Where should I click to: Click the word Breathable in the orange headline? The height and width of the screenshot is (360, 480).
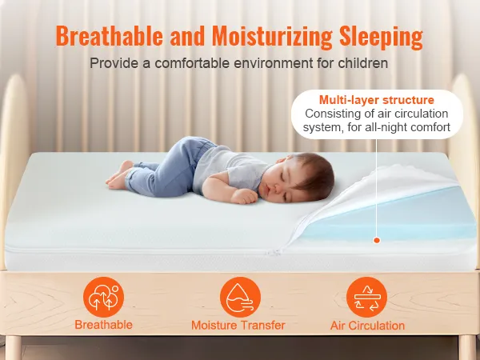click(x=110, y=36)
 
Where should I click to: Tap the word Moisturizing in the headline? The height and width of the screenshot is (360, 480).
click(x=272, y=37)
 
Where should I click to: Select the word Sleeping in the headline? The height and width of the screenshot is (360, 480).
click(x=381, y=38)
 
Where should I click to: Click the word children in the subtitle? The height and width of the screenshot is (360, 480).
click(x=362, y=63)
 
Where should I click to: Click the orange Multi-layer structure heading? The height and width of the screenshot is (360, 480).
click(x=377, y=100)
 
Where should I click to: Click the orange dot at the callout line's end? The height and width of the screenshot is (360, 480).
click(x=377, y=240)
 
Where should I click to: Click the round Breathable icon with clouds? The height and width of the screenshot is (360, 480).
click(x=103, y=298)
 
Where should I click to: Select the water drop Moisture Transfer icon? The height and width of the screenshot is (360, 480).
click(x=240, y=298)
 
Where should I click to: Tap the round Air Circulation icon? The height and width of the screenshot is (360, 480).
click(x=366, y=298)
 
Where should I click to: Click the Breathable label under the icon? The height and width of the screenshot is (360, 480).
click(x=103, y=325)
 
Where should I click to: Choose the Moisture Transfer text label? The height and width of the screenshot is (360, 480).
click(x=238, y=325)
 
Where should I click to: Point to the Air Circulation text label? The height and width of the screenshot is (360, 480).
click(x=367, y=326)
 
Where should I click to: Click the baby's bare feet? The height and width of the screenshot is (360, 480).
click(x=118, y=175)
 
